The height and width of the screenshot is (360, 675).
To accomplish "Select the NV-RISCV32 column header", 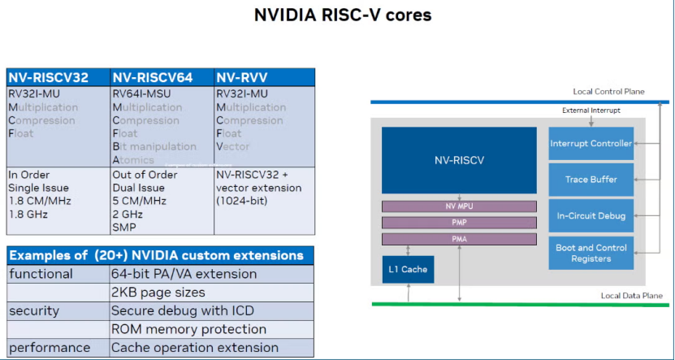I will [49, 78].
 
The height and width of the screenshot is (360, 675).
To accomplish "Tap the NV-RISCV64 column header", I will [153, 78].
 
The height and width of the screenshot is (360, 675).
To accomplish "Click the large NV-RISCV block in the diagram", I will [459, 160].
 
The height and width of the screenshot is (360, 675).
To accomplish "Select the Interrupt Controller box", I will [591, 144].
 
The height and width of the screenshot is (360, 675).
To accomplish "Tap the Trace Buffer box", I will [591, 180].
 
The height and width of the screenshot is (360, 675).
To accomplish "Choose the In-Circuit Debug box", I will [591, 215].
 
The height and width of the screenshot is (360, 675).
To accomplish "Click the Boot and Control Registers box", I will [591, 253].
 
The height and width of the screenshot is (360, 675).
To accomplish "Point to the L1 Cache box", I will [406, 269].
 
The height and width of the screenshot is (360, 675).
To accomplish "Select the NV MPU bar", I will [459, 206].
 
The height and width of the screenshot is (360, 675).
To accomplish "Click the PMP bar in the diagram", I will [459, 222].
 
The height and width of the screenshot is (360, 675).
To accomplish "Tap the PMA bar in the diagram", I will [459, 239].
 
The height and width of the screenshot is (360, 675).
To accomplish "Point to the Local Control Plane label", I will [608, 92].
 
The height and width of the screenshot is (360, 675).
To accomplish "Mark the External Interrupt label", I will [591, 110].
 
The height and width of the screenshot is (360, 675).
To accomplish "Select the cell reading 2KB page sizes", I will [158, 292].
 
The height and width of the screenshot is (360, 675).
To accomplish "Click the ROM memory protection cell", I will [188, 329].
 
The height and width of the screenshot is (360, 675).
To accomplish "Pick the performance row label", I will [50, 348].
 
